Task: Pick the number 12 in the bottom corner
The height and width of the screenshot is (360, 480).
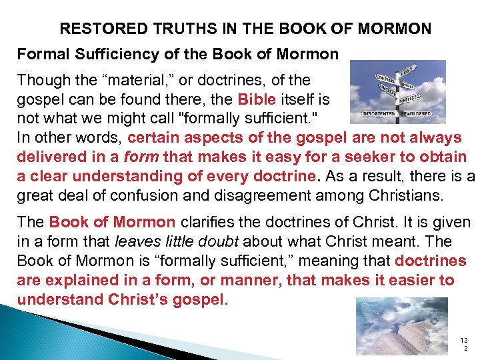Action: [465, 341]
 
